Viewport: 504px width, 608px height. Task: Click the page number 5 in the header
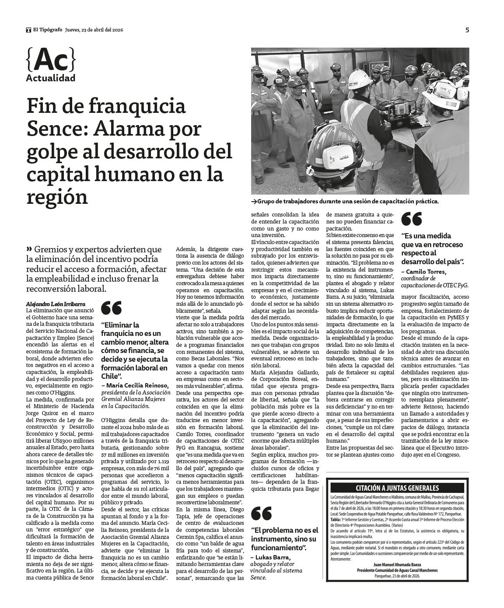click(467, 30)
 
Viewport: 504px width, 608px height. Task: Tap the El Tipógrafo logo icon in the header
click(28, 30)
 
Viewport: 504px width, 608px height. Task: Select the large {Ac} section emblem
click(50, 61)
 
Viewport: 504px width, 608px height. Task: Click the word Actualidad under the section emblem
click(50, 78)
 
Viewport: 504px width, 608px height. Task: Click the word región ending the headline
click(57, 197)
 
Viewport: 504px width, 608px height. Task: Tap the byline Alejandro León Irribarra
click(55, 304)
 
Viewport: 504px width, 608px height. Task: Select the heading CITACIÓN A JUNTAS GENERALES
click(398, 488)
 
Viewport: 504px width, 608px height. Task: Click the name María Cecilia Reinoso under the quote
click(131, 385)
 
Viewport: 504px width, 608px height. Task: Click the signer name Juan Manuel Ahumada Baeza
click(397, 565)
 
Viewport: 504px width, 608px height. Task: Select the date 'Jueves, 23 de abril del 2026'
click(94, 30)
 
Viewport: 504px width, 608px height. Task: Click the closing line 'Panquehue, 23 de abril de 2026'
click(397, 576)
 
